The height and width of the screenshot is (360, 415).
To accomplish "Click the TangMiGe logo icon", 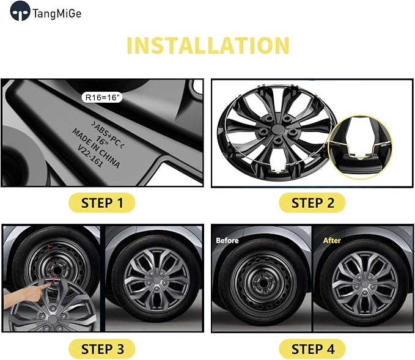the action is tap(20, 11).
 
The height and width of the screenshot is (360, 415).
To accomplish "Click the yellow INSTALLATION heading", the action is tap(208, 45).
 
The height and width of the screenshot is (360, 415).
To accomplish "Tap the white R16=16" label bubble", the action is tap(102, 97).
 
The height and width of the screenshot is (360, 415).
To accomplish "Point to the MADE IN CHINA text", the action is tap(96, 149).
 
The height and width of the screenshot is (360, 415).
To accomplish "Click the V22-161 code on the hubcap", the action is tap(90, 156).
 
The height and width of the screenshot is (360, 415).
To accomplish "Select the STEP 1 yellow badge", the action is tap(102, 203).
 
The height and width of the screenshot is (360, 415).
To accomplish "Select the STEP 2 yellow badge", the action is tap(312, 203).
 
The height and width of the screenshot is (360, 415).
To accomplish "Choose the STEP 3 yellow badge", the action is tap(102, 349).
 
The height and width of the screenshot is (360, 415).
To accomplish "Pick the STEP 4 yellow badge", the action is tap(312, 349).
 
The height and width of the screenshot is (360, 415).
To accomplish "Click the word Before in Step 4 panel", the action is tap(227, 240).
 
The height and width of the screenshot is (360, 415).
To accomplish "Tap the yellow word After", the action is tap(332, 240).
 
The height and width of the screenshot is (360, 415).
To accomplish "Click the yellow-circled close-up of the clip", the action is tap(361, 147).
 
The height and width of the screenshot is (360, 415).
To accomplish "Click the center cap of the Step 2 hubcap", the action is tap(277, 130).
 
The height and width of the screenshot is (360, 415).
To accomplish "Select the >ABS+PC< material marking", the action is tap(108, 135).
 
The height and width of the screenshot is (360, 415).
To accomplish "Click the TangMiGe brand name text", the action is tap(57, 13).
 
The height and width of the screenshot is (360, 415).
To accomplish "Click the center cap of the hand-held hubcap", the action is tap(53, 320).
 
